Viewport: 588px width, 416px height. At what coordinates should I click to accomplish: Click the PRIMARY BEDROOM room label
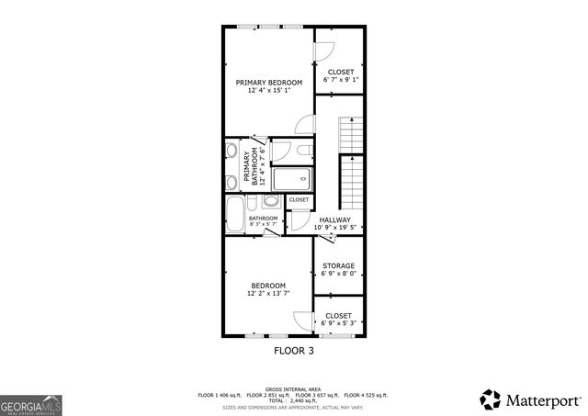click(x=268, y=82)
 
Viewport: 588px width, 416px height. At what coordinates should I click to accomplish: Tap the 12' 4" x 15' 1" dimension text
click(x=268, y=90)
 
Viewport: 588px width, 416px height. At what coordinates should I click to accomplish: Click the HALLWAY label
click(x=334, y=219)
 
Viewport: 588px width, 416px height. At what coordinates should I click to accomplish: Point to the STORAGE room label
click(x=337, y=266)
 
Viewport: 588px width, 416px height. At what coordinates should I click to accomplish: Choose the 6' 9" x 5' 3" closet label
click(x=337, y=323)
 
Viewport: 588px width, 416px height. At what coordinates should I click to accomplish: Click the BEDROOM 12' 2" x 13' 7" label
click(x=268, y=289)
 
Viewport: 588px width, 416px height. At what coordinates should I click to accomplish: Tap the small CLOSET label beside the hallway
click(x=300, y=199)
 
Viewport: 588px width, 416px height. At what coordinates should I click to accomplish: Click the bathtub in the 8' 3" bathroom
click(x=234, y=215)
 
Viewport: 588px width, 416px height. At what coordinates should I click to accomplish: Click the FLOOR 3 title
click(x=294, y=351)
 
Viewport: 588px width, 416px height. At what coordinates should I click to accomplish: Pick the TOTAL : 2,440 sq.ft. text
click(x=292, y=400)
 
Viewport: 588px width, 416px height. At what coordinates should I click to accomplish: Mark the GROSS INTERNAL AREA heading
click(x=292, y=389)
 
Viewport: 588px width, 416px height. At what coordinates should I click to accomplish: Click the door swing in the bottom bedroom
click(x=301, y=320)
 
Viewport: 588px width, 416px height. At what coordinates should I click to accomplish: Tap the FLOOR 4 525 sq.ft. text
click(x=367, y=395)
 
